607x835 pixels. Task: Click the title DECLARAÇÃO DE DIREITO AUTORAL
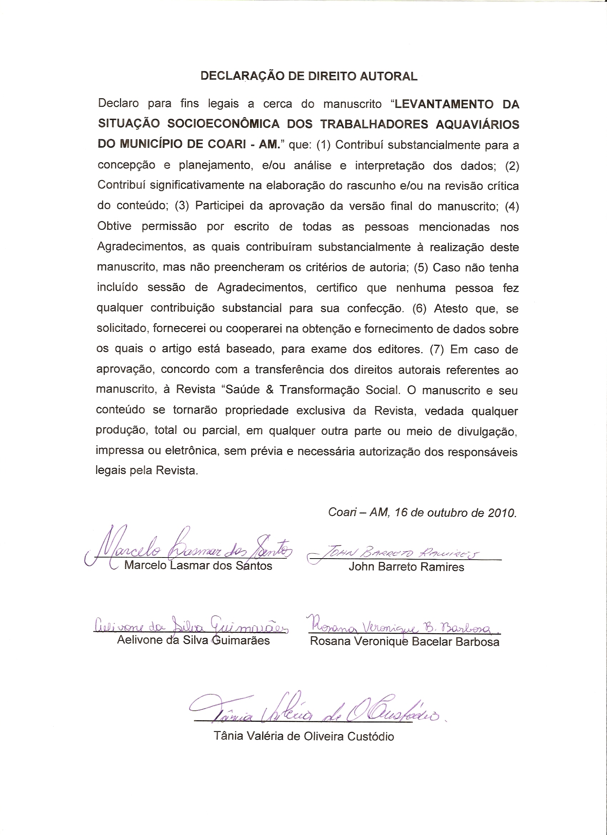pyautogui.click(x=309, y=76)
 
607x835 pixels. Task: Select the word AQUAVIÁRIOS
pyautogui.click(x=477, y=124)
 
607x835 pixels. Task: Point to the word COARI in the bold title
pyautogui.click(x=226, y=144)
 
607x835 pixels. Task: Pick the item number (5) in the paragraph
pyautogui.click(x=421, y=267)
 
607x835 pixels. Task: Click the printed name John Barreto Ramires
pyautogui.click(x=406, y=567)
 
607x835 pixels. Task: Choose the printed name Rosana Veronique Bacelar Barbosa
pyautogui.click(x=405, y=641)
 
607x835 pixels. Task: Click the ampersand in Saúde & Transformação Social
pyautogui.click(x=270, y=390)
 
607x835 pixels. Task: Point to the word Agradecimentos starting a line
pyautogui.click(x=141, y=247)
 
